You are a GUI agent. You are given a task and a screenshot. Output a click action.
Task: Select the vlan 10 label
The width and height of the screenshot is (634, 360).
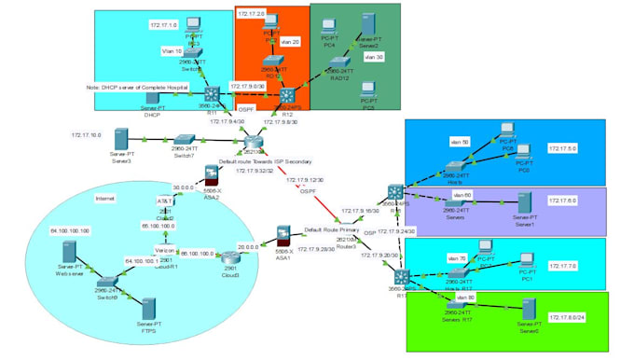(172, 52)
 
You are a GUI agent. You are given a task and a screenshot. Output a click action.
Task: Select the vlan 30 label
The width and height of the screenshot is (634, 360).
(373, 57)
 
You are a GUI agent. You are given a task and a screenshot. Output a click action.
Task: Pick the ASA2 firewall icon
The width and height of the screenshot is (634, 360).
(213, 175)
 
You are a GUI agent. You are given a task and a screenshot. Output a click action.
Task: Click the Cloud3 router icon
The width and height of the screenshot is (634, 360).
(229, 258)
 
